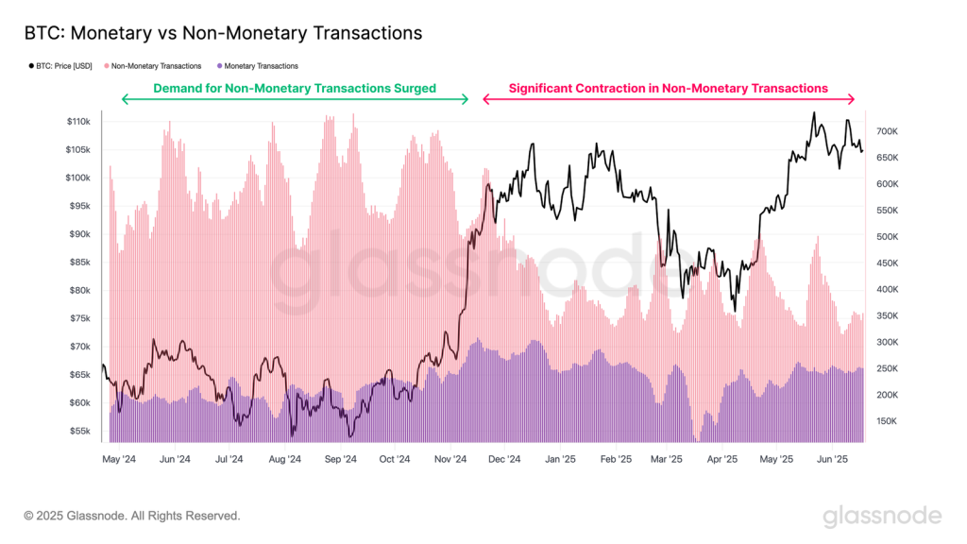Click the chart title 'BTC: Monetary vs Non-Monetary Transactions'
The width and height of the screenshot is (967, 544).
coord(223,33)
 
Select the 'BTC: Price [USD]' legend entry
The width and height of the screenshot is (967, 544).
coord(62,66)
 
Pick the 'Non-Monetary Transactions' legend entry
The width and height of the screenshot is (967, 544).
coord(155,66)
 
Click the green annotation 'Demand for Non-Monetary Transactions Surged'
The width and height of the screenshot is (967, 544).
coord(295,88)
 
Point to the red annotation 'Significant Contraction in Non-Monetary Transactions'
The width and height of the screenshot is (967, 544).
coord(668,88)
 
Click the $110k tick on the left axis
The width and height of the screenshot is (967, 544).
coord(77,122)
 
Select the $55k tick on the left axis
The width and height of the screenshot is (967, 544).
coord(79,431)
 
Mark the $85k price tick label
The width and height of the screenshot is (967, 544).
coord(79,263)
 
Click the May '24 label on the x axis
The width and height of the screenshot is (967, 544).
coord(119,459)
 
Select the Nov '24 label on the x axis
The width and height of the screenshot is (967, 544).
coord(450,459)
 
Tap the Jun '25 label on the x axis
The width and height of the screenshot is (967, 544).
coord(832,459)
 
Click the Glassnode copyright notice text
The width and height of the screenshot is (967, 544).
coord(132,516)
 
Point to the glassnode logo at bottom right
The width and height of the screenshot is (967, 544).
coord(881,516)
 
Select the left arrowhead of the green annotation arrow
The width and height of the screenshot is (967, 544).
coord(124,99)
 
